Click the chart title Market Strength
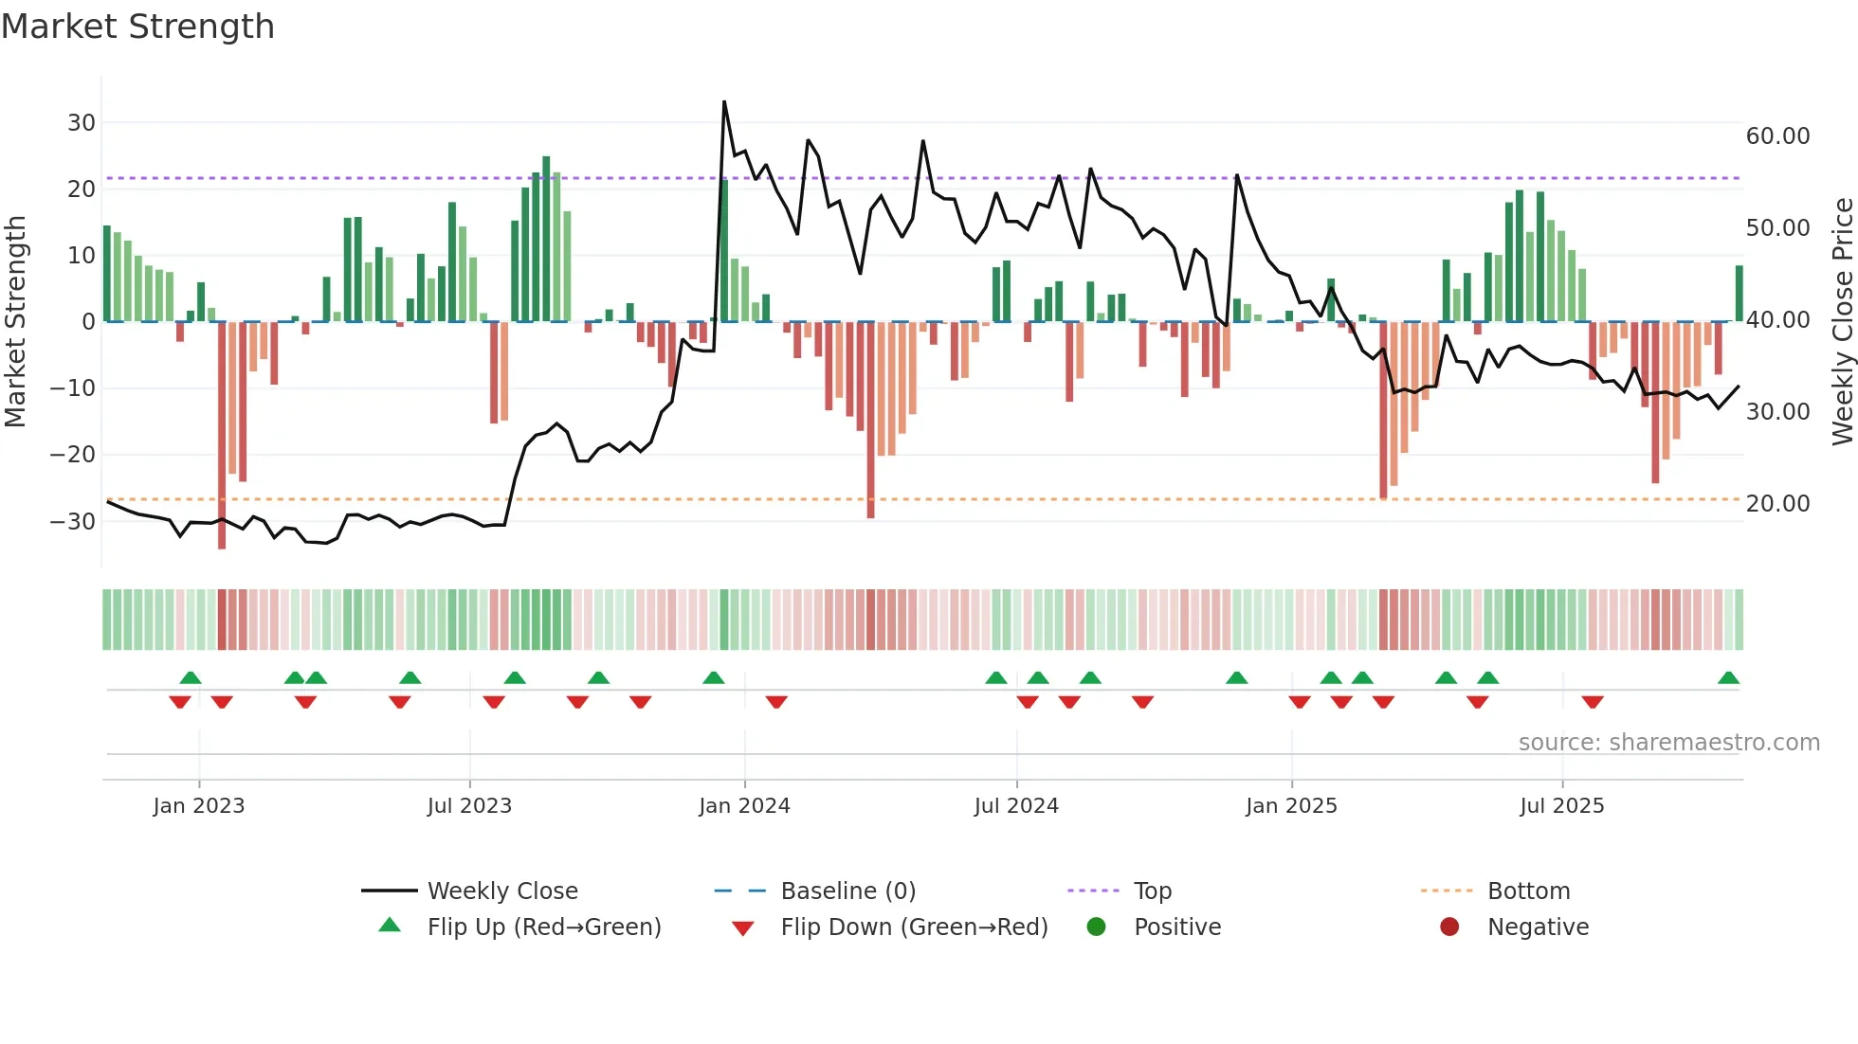coord(137,27)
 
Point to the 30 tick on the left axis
coord(81,123)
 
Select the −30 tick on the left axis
coord(73,522)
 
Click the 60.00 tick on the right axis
coord(1777,136)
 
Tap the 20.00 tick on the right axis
coord(1777,504)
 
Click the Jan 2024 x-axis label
coord(744,806)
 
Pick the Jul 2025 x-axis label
coord(1561,806)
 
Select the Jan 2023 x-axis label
coord(199,806)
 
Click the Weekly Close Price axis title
coord(1842,322)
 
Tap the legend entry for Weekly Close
coord(501,891)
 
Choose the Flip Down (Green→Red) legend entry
coord(913,927)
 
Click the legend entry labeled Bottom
coord(1528,891)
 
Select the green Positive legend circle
coord(1097,927)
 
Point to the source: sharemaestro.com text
coord(1668,743)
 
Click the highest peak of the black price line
coord(724,102)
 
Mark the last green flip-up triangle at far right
coord(1728,678)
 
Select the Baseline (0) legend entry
coord(847,891)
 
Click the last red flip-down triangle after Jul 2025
coord(1593,702)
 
